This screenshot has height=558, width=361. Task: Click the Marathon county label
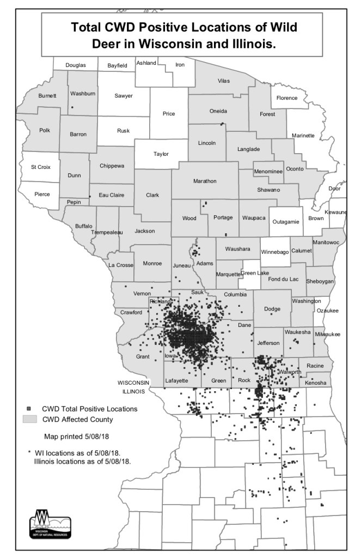pyautogui.click(x=205, y=181)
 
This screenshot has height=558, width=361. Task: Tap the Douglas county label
pyautogui.click(x=76, y=65)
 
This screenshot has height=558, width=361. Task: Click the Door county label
pyautogui.click(x=335, y=189)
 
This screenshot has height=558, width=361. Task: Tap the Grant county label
pyautogui.click(x=143, y=356)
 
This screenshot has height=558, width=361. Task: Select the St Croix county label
pyautogui.click(x=40, y=167)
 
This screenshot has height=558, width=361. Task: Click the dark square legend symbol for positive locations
pyautogui.click(x=27, y=408)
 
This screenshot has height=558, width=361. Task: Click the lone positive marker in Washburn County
pyautogui.click(x=72, y=107)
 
